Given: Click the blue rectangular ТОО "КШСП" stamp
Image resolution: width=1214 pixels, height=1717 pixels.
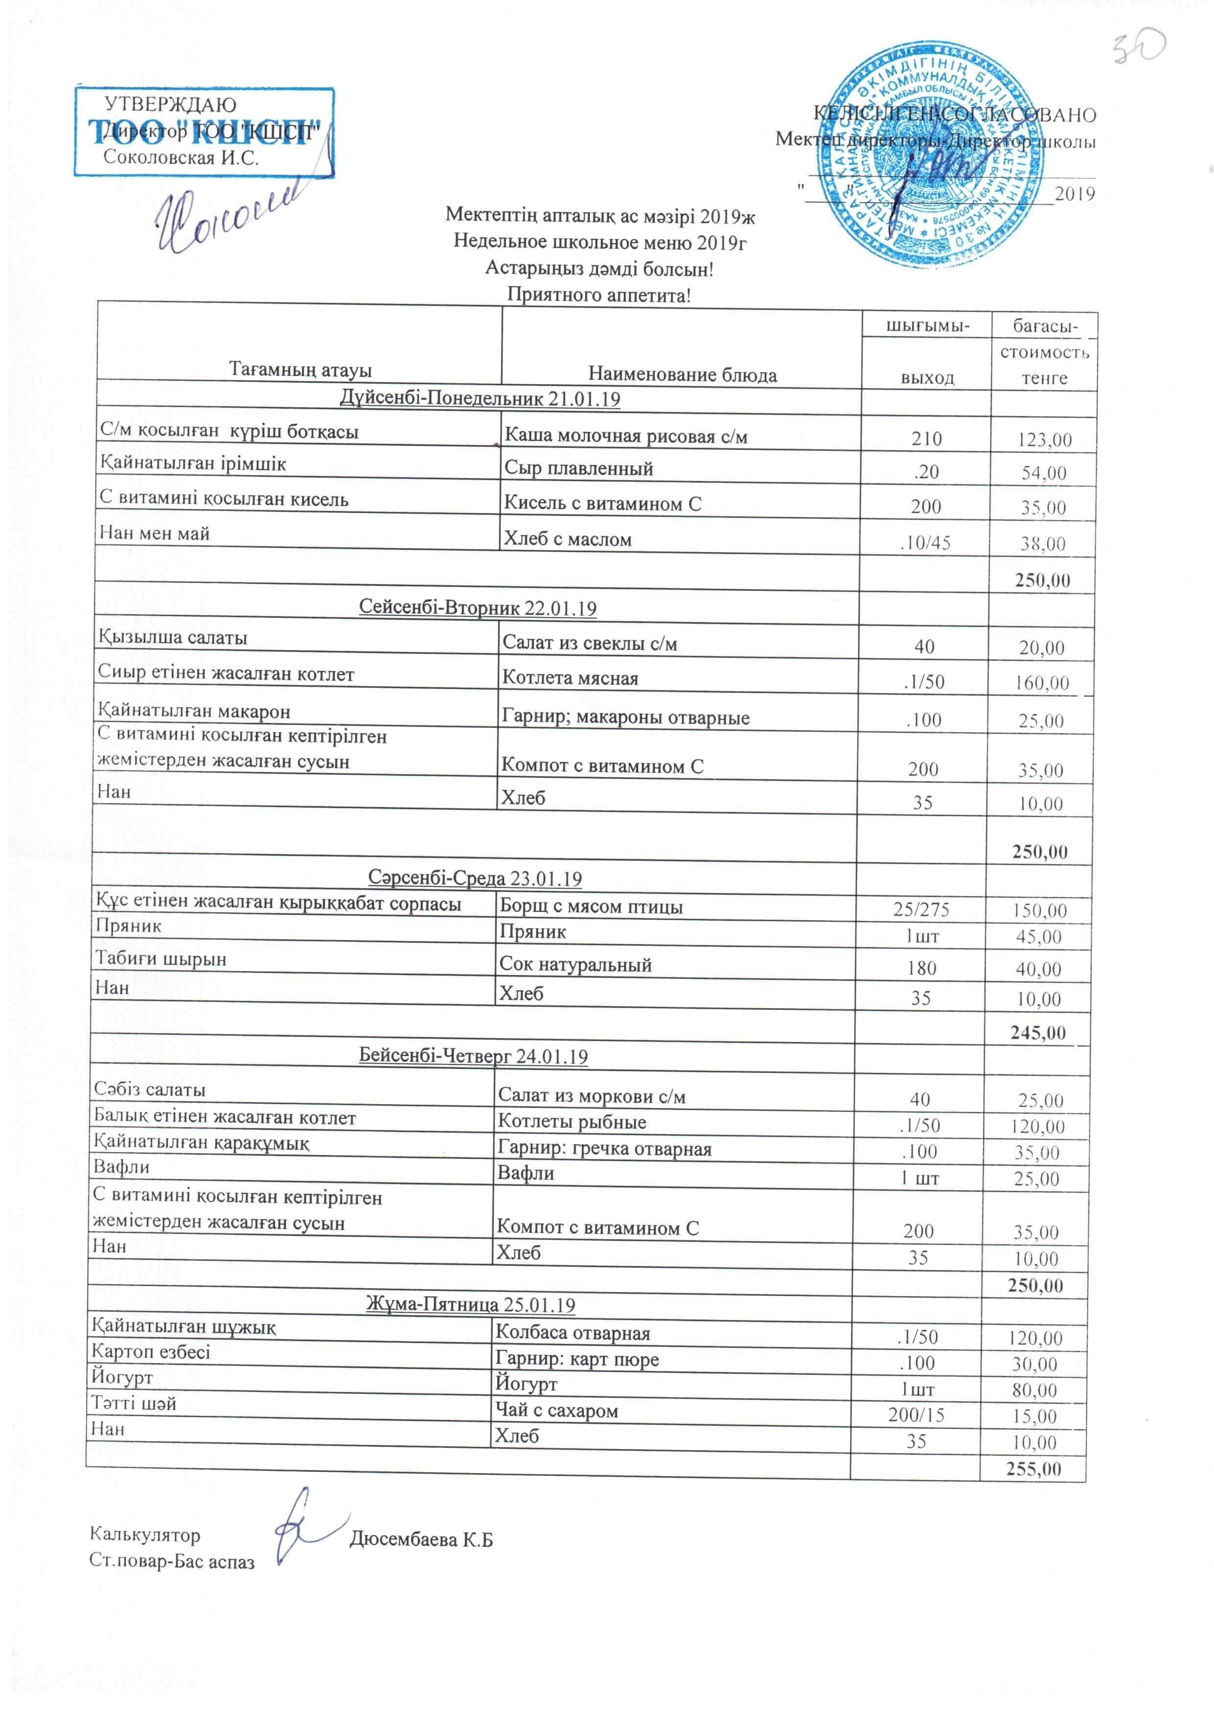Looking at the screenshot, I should coord(204,132).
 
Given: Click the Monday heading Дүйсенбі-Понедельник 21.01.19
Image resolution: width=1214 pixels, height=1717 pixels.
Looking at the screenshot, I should coord(479,398).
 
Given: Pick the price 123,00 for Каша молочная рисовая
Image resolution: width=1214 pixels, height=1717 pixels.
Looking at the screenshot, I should coord(1044,440).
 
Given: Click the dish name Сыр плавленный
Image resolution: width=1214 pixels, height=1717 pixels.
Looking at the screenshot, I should coord(578,469).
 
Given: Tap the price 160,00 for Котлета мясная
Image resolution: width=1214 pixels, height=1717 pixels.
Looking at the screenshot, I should coord(1041,682).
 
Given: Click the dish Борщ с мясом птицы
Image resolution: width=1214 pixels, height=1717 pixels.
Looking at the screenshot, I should coord(591,906).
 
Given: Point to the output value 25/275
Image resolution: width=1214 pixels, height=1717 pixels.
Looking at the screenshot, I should coord(921,909).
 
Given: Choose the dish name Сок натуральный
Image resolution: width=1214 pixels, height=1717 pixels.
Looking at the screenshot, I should coord(575,965).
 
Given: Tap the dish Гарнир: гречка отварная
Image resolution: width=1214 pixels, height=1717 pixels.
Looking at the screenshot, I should coord(604,1149).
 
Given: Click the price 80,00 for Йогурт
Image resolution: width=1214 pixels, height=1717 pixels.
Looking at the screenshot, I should coord(1034,1390).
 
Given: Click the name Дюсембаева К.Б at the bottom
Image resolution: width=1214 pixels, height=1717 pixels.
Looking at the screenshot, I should coord(421,1540).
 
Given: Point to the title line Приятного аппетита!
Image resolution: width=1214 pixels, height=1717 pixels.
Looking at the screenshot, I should coord(599,295).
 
